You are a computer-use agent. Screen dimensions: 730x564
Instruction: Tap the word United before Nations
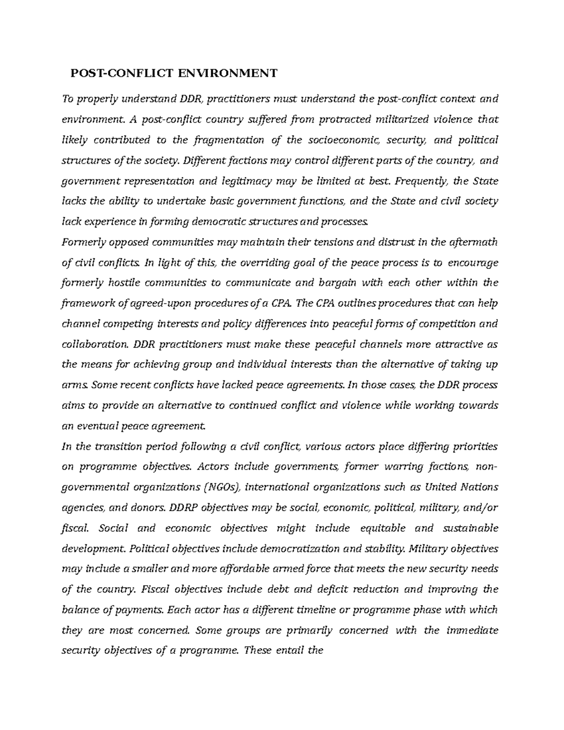click(440, 487)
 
